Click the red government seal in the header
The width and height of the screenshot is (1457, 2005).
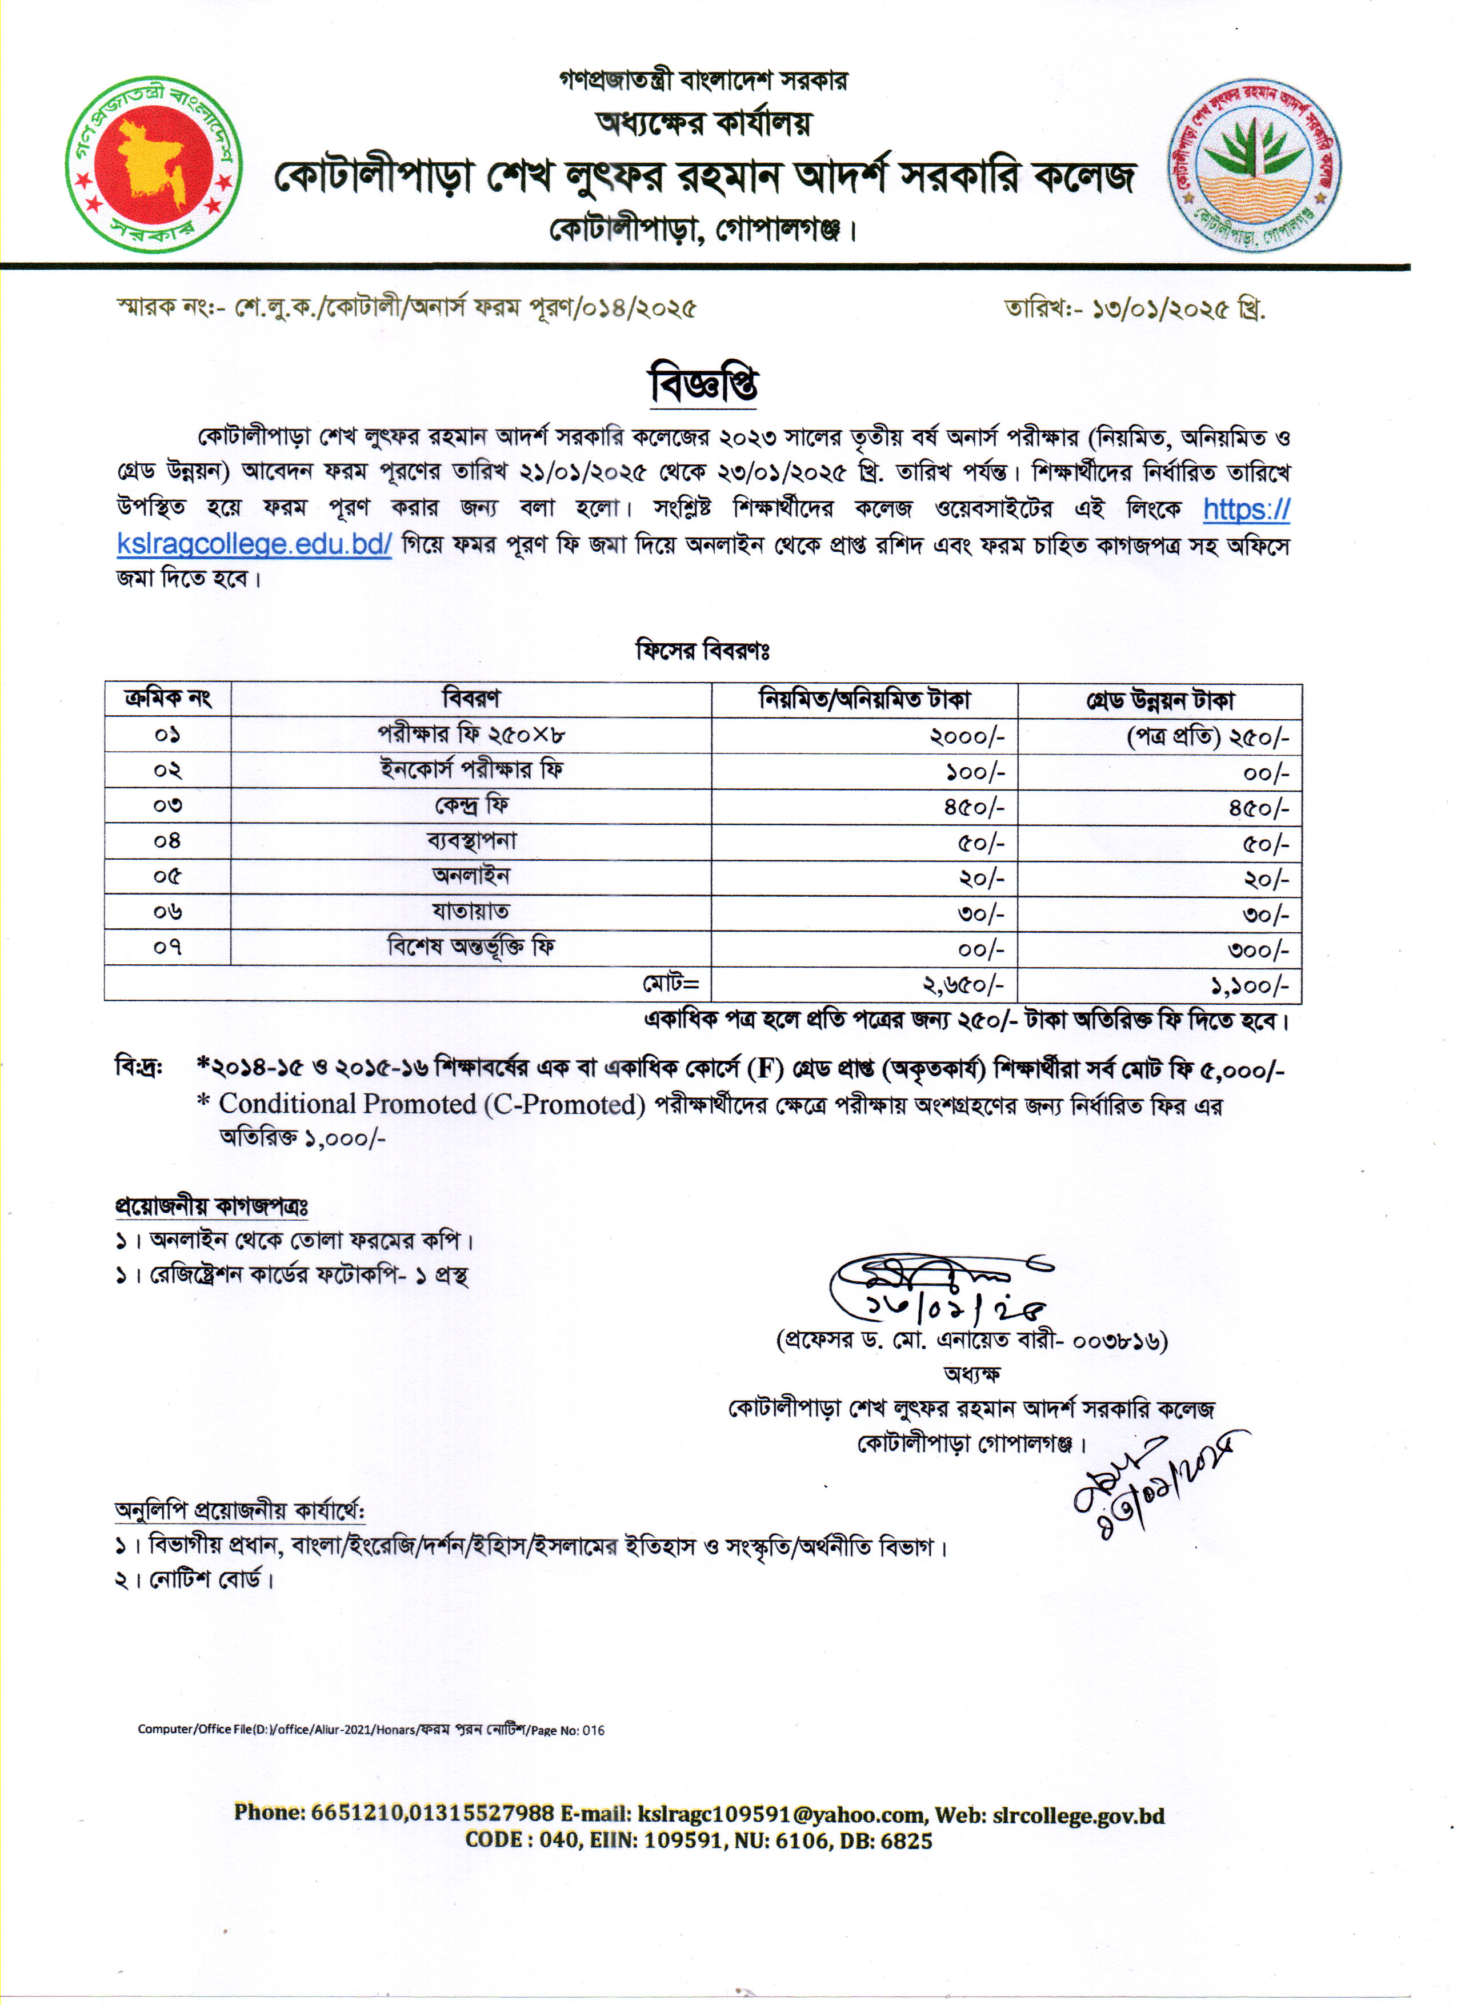[154, 165]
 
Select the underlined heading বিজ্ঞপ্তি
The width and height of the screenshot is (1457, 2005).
[704, 384]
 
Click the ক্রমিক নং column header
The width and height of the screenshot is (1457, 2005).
[168, 699]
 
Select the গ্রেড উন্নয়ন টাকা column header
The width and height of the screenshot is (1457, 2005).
[1159, 701]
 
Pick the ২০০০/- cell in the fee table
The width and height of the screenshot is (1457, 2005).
[967, 736]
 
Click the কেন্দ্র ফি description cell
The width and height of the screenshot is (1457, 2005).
[471, 806]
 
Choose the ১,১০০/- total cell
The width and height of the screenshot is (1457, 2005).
[1249, 985]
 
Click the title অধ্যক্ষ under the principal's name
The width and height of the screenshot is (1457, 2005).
[972, 1374]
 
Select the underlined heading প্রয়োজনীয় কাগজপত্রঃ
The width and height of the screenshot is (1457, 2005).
[211, 1206]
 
